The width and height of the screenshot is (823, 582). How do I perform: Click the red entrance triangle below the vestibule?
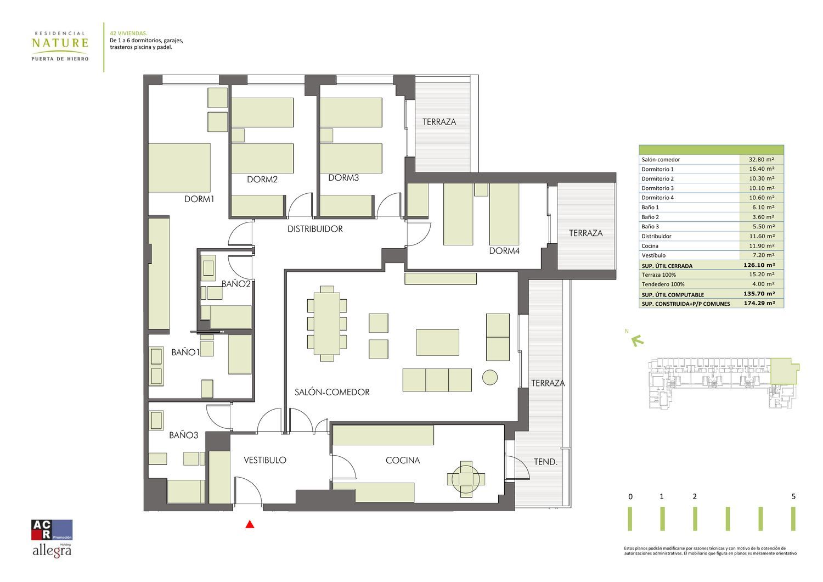pos(250,524)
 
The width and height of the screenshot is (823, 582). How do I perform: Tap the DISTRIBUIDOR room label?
pos(315,229)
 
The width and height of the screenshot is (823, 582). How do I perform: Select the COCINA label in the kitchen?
pos(403,460)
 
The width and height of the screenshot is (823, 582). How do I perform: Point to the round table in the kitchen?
pos(466,479)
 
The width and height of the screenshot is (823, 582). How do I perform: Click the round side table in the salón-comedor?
pos(490,377)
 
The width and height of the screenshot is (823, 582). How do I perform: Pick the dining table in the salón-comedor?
pos(327,323)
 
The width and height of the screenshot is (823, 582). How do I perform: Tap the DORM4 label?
pos(504,251)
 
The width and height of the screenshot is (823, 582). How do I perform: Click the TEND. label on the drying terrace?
pos(545,462)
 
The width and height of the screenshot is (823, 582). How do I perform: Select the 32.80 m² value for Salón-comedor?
pos(762,160)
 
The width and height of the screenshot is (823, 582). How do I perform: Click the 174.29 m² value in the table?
pos(759,303)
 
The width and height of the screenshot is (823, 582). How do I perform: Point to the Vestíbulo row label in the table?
pos(653,255)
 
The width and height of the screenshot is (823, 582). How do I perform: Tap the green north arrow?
pos(638,341)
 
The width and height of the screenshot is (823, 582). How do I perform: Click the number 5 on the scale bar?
pos(793,496)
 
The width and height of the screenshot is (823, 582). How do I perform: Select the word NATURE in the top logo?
pos(60,43)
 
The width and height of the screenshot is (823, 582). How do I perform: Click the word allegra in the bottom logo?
pos(52,551)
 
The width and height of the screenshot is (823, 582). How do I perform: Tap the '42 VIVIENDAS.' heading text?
pos(128,33)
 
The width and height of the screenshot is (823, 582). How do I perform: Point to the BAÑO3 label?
pos(183,435)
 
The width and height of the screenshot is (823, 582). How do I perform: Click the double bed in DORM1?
pos(179,167)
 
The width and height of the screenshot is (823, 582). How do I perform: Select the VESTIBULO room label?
pos(265,460)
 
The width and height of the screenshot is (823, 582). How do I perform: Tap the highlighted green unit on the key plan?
pos(783,371)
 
